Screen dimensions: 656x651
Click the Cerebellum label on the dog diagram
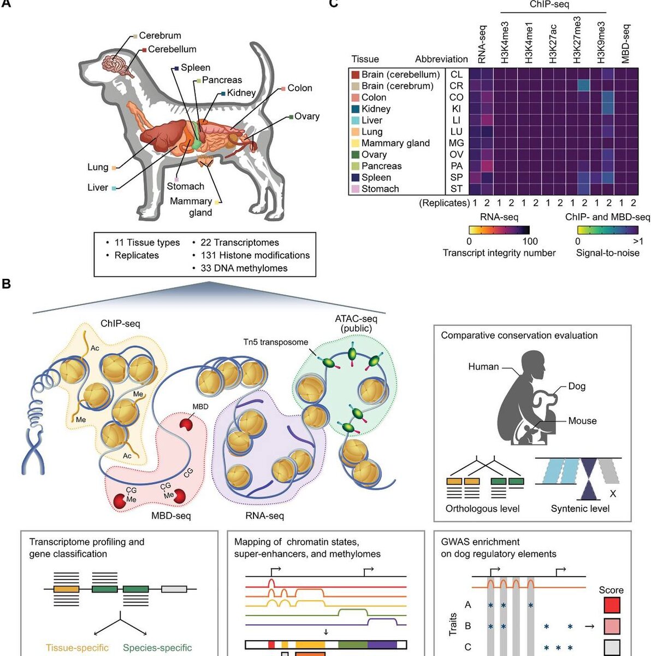[x=172, y=49]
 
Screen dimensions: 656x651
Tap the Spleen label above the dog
[x=196, y=68]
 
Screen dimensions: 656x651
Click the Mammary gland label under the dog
[x=191, y=207]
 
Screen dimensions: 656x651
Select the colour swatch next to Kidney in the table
[x=355, y=109]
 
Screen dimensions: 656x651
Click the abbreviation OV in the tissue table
[x=456, y=155]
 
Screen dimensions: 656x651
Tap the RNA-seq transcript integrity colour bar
[x=499, y=230]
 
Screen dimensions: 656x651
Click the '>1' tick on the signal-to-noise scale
[x=637, y=241]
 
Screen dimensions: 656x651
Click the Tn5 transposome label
[x=276, y=342]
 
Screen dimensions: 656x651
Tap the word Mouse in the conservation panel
[x=582, y=421]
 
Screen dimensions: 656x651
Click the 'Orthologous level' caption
[x=482, y=509]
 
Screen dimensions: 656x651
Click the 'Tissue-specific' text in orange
[x=77, y=648]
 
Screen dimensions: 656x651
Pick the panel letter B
[x=7, y=284]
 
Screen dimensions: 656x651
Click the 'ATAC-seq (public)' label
[x=356, y=323]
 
